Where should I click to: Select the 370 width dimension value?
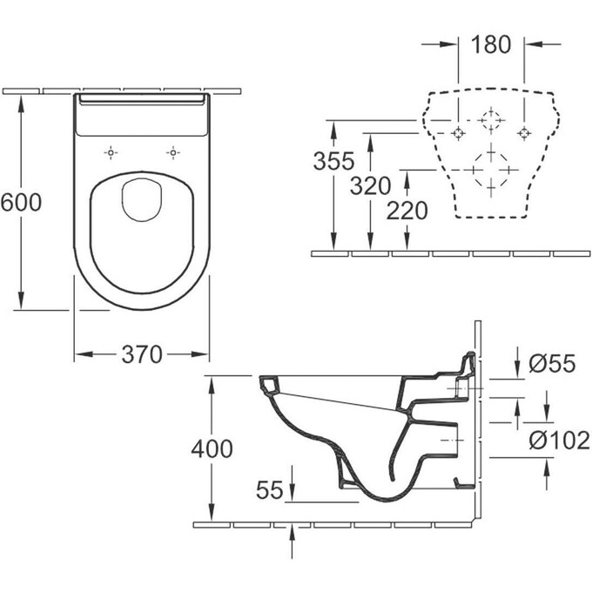click(142, 353)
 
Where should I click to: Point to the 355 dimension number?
click(335, 161)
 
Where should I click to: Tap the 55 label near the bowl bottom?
click(270, 490)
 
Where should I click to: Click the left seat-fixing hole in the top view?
click(111, 151)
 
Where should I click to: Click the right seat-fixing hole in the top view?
click(173, 151)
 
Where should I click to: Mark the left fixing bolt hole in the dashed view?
click(459, 132)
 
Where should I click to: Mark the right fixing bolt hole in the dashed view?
click(524, 132)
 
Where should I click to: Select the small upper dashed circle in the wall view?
click(491, 119)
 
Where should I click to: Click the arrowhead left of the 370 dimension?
click(79, 353)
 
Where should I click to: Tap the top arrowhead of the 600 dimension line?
click(20, 98)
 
